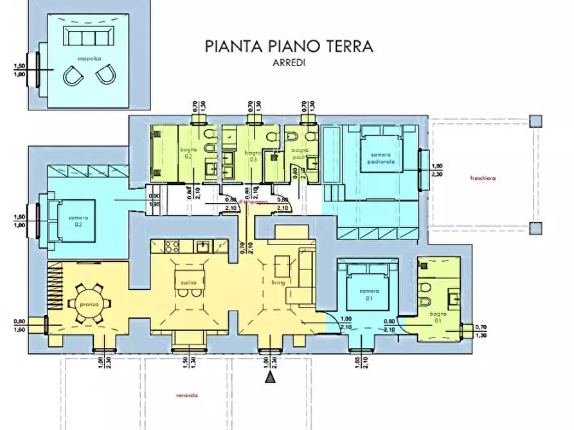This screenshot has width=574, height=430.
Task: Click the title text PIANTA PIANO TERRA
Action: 289,47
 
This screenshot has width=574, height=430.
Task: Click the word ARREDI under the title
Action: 289,63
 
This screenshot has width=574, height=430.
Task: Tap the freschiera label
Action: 483,177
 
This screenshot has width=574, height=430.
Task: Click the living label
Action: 278,282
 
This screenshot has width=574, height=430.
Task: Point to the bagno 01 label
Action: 439,314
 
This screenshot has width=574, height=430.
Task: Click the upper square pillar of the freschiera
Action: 535,121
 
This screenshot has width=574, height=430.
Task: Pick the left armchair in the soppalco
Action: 73,77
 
